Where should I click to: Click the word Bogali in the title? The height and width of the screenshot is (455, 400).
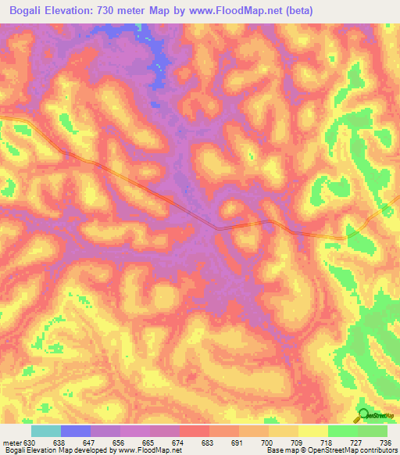coord(23,10)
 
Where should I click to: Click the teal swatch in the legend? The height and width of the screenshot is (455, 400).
coord(46,432)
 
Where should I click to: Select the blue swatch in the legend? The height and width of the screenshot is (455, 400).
coord(76,432)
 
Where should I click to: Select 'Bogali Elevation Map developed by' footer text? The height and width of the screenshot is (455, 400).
coord(47,450)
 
